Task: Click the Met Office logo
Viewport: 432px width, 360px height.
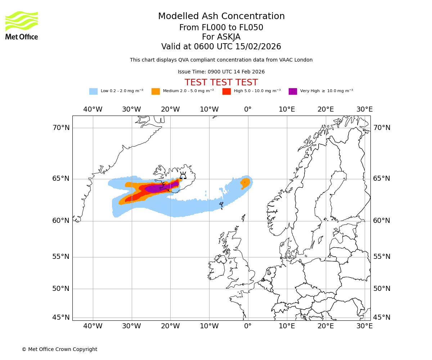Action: (22, 25)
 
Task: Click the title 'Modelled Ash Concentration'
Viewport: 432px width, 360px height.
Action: (221, 17)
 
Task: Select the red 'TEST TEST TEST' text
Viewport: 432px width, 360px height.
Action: (221, 82)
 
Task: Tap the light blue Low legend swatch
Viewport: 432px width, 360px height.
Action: (93, 91)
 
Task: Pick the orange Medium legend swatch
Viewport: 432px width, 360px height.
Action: (156, 91)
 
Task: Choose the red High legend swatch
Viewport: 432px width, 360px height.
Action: (226, 91)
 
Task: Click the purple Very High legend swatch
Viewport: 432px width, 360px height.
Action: (293, 91)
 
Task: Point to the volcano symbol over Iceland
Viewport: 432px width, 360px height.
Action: (183, 175)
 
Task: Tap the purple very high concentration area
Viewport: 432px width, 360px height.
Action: (158, 188)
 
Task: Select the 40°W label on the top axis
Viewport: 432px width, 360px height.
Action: (93, 109)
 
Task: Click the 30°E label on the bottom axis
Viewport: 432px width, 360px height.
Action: (364, 326)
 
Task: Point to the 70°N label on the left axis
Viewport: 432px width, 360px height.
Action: (61, 128)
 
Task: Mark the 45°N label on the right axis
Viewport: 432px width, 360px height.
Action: (382, 318)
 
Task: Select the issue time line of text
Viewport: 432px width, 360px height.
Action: (221, 72)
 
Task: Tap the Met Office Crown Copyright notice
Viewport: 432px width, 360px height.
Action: (59, 349)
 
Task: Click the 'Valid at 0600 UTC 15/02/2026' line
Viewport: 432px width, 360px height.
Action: (221, 47)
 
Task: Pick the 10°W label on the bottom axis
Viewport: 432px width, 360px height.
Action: (209, 326)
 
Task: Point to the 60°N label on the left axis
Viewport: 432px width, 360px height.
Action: (61, 221)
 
